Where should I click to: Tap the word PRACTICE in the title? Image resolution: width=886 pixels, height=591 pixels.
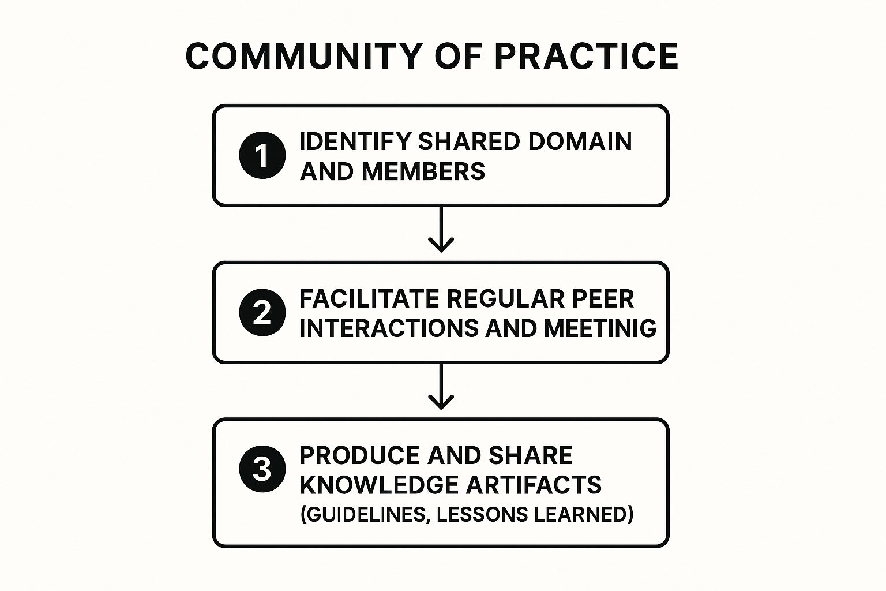click(586, 56)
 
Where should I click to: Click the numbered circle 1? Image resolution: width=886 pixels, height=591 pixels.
click(262, 156)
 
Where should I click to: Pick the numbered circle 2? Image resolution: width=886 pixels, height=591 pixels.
click(262, 313)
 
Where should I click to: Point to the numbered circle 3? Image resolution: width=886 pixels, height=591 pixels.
click(262, 469)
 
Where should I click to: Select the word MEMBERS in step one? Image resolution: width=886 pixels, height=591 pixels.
click(423, 171)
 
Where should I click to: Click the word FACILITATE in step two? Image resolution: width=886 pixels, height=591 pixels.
click(369, 299)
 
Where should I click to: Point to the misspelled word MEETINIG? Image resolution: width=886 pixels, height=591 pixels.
click(600, 328)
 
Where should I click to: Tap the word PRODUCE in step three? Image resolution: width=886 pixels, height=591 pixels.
click(359, 455)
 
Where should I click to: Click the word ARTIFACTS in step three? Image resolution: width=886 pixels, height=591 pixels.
click(534, 485)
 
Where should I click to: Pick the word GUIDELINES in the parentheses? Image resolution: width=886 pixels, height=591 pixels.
click(365, 514)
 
